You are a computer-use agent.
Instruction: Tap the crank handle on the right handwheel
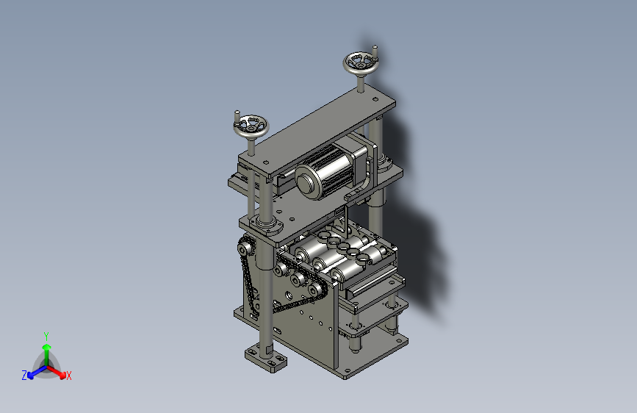(x=375, y=51)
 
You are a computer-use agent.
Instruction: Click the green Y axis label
(x=46, y=337)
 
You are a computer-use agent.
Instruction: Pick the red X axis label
(x=68, y=376)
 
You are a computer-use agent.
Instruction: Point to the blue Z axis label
(x=24, y=376)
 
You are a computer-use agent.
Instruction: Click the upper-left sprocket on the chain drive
(x=245, y=247)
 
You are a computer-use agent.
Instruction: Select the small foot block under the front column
(x=266, y=358)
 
